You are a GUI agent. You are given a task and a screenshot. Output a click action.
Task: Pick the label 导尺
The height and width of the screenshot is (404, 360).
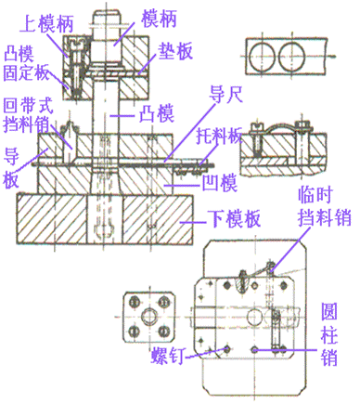225,96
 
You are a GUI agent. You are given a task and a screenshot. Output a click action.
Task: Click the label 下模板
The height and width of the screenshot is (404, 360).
231,220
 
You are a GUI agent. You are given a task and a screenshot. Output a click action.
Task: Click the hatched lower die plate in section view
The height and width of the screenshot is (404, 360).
56,218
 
